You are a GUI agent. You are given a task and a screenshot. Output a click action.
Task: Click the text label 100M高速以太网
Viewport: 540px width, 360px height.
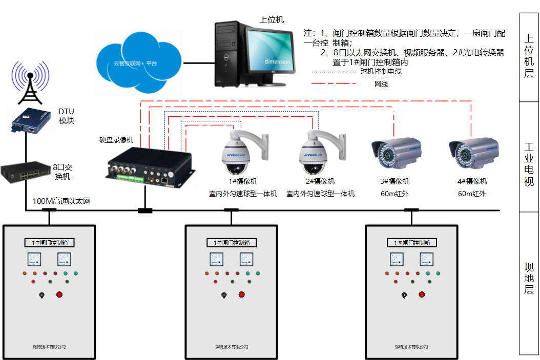pos(61,201)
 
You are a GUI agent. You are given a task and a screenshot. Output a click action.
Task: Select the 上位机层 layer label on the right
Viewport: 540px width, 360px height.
pos(529,56)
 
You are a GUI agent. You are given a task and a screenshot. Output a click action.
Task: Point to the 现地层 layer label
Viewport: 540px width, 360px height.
pos(529,278)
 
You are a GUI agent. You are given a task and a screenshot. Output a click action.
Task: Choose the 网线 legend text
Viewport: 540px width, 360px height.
pos(381,83)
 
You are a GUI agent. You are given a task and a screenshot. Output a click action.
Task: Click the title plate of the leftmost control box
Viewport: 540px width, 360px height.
pos(50,242)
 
